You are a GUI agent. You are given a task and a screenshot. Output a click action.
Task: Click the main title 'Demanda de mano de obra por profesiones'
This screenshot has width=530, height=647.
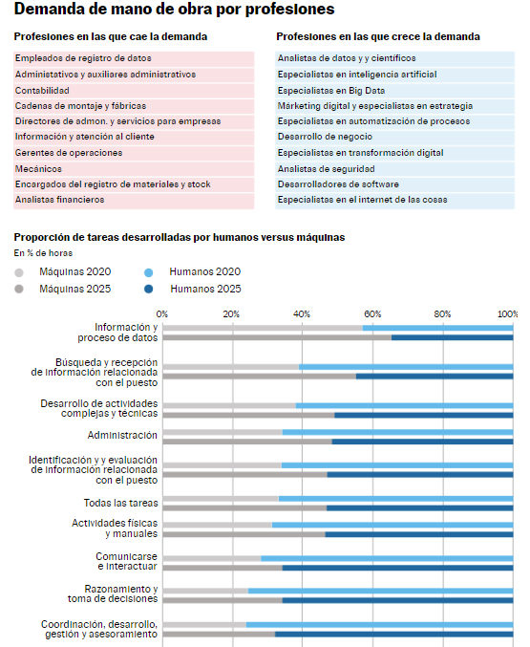174,9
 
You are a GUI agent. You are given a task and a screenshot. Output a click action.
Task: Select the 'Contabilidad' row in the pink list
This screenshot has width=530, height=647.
42,91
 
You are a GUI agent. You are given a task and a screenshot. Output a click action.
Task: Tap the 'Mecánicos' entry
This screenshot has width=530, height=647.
38,169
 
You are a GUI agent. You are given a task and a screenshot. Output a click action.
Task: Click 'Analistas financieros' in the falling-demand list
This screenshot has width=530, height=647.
60,200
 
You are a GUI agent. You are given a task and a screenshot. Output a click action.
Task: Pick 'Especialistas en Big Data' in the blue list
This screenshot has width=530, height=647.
331,91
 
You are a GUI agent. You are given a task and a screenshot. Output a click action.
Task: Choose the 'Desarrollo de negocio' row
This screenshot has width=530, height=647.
325,137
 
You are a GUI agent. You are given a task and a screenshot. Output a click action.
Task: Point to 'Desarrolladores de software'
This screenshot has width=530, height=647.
338,184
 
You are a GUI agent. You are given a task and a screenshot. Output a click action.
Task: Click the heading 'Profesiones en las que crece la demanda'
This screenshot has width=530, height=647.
378,36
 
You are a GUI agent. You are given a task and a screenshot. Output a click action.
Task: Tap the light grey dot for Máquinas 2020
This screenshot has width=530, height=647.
19,272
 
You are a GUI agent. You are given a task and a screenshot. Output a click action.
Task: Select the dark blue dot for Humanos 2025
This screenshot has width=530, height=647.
148,290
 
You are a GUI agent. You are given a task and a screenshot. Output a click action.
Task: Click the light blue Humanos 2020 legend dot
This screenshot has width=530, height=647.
148,272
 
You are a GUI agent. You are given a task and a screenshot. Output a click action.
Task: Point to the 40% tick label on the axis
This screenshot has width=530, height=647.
302,314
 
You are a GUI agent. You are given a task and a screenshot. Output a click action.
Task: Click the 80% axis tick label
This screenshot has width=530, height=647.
442,314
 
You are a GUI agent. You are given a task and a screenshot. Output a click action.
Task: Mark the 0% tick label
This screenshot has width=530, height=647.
162,314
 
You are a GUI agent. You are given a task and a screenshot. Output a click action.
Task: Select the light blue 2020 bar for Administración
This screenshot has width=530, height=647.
397,432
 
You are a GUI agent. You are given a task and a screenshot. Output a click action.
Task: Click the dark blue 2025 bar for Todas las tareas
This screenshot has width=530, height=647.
420,507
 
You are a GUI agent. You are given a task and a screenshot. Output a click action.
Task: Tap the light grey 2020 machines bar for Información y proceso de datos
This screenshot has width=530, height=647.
263,328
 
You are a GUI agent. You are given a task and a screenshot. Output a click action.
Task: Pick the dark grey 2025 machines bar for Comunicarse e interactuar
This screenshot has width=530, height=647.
223,568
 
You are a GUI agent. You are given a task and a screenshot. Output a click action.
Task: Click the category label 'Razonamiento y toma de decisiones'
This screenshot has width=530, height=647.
113,593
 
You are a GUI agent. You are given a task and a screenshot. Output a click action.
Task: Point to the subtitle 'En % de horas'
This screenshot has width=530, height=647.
43,253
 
